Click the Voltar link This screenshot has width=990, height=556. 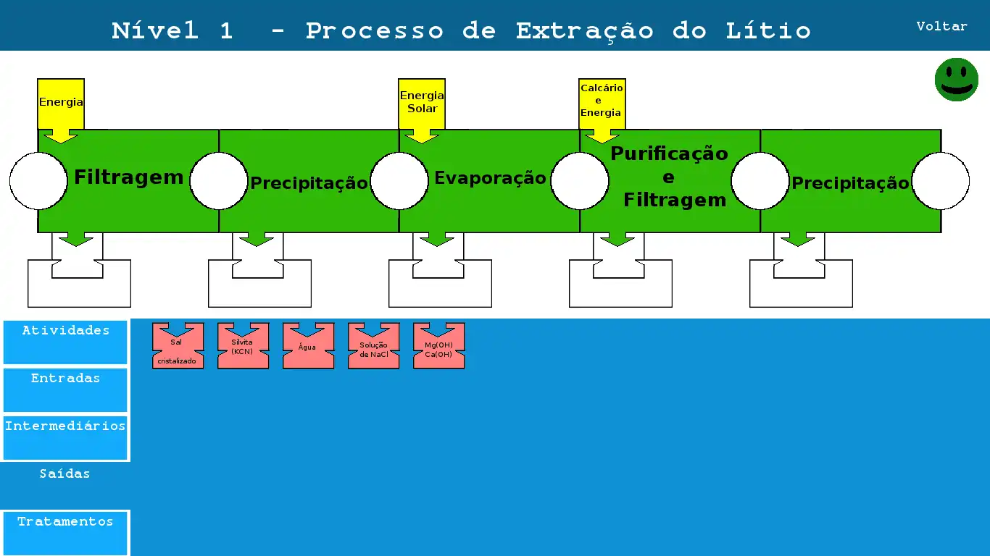[x=941, y=26]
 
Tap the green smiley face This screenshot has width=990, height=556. [x=956, y=80]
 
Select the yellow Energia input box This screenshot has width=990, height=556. [x=61, y=104]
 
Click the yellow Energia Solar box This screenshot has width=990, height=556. [x=422, y=103]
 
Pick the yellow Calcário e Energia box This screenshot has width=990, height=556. [x=602, y=101]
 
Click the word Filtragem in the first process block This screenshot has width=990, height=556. [x=129, y=177]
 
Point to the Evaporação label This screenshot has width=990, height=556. [x=490, y=178]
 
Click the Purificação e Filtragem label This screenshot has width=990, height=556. [x=669, y=177]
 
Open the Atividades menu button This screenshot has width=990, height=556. [x=65, y=342]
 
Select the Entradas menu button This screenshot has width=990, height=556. [x=65, y=389]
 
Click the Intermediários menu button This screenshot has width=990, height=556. [x=65, y=437]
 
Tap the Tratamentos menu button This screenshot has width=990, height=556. [x=65, y=532]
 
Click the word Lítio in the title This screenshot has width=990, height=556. [x=768, y=31]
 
